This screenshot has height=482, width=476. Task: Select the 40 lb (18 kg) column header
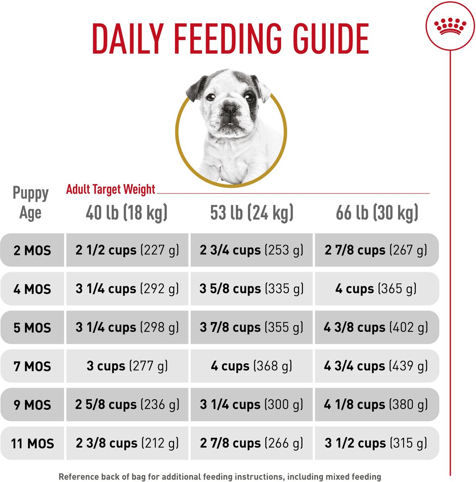[127, 212]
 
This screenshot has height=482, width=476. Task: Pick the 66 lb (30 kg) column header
[377, 212]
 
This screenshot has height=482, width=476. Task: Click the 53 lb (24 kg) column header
[252, 212]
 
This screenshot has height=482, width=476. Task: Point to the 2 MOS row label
[32, 251]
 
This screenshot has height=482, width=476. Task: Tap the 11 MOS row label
[32, 443]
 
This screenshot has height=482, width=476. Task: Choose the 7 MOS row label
[32, 366]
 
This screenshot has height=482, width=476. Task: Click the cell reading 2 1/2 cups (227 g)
[127, 250]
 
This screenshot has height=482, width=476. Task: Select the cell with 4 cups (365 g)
[376, 289]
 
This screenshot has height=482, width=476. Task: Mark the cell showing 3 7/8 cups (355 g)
[251, 327]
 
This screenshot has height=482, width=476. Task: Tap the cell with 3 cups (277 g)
[127, 366]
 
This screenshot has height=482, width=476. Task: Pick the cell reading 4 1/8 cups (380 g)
[376, 404]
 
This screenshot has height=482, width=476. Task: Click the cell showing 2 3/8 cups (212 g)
[127, 443]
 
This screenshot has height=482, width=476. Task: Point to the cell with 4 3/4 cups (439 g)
[376, 366]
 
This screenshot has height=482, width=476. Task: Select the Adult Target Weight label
[110, 189]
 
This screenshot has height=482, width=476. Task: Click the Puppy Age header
[31, 203]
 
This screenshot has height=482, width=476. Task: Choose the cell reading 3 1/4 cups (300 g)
[251, 404]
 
